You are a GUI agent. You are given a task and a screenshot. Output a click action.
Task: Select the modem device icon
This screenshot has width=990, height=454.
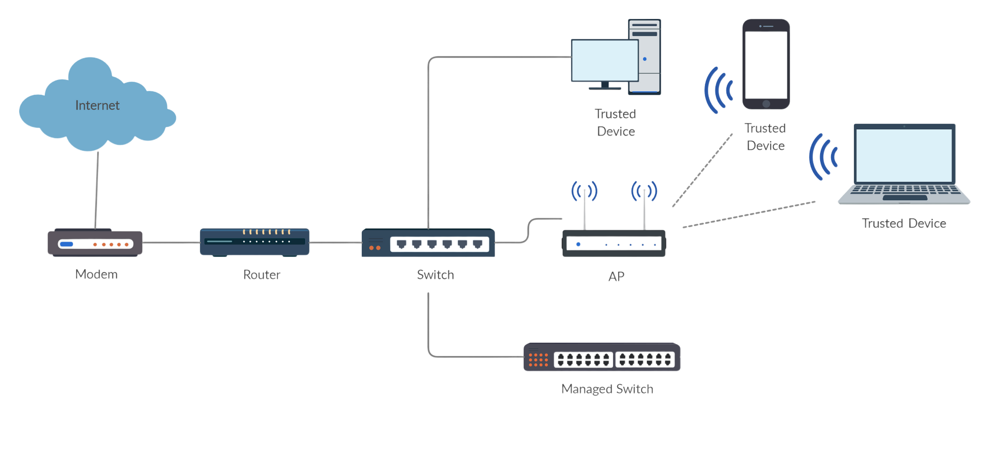pos(95,243)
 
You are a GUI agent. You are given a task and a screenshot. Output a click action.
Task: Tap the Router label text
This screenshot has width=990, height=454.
pos(262,274)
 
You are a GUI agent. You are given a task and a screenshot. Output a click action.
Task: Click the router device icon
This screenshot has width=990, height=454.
pos(255,242)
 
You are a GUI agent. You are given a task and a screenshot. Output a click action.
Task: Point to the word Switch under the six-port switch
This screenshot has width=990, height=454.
pos(435,274)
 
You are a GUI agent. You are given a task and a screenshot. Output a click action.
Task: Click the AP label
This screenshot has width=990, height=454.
pos(616,276)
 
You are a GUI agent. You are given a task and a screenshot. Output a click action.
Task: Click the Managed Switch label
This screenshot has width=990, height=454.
pos(607,389)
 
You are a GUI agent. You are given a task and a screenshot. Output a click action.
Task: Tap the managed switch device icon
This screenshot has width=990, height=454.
pos(602,357)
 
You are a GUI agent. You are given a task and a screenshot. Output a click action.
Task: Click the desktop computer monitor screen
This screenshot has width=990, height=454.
pos(604,60)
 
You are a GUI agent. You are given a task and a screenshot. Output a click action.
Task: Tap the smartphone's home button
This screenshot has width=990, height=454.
pos(766,104)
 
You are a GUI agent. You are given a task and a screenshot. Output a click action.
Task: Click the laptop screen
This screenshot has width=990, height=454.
pos(904,155)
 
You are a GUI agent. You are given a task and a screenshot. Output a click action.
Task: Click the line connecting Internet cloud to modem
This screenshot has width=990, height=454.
pos(97,188)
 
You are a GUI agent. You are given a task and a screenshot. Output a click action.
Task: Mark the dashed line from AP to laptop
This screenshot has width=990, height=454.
pos(748,214)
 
